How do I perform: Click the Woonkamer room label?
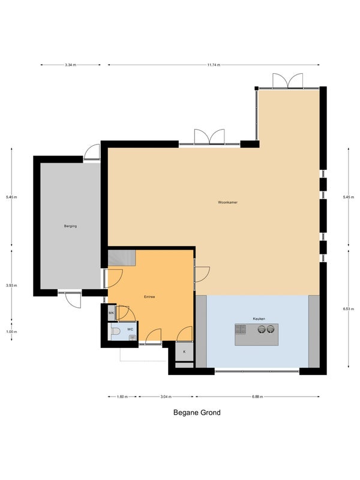click(228, 202)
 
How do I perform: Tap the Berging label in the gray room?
click(70, 226)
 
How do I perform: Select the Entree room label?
click(149, 296)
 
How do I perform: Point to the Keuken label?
click(259, 319)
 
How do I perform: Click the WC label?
click(130, 329)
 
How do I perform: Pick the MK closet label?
click(112, 313)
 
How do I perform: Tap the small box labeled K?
click(184, 352)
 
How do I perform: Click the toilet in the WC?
click(115, 331)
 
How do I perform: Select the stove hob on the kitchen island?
click(241, 329)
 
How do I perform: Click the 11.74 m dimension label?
click(214, 65)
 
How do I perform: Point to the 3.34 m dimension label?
click(70, 65)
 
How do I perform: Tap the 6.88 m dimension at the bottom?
click(257, 397)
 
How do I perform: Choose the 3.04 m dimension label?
click(166, 397)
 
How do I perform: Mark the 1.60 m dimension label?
click(122, 397)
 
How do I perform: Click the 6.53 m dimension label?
click(349, 309)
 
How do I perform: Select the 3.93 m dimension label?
click(11, 286)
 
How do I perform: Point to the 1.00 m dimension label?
click(11, 332)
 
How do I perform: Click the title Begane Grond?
click(197, 413)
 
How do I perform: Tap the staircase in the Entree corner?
click(122, 258)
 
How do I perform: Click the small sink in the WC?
click(132, 337)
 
